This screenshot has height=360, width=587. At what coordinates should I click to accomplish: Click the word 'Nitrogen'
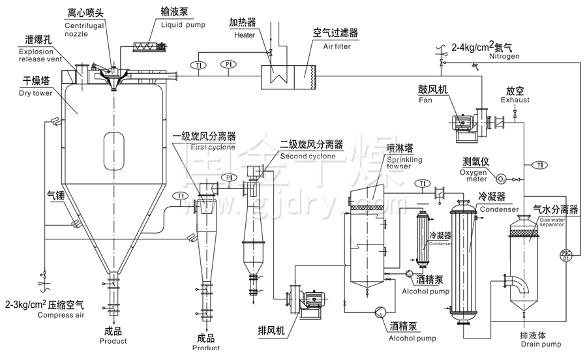(x=504, y=57)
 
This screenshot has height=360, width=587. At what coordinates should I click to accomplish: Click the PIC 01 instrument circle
(x=565, y=255)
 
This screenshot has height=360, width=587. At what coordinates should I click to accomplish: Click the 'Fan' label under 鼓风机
(x=425, y=101)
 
